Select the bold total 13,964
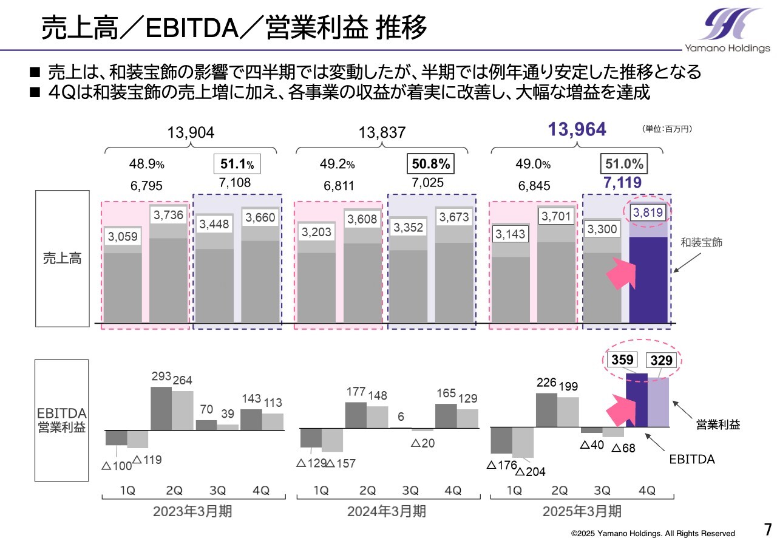[x=577, y=129]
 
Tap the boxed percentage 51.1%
[x=237, y=164]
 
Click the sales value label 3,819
[x=648, y=213]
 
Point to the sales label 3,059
[x=123, y=236]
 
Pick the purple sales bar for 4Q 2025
[x=648, y=279]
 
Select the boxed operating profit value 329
[x=661, y=360]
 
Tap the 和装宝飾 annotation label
[x=701, y=242]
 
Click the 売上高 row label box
[x=62, y=258]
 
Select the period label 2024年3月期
[x=386, y=512]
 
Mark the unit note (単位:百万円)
[x=667, y=129]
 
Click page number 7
[x=767, y=526]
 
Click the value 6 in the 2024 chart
[x=401, y=417]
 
